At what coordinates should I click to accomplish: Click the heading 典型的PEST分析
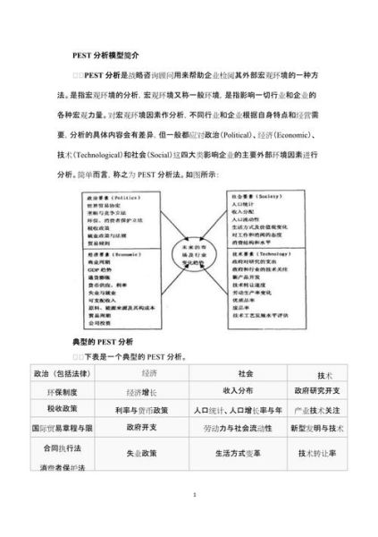(103, 342)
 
